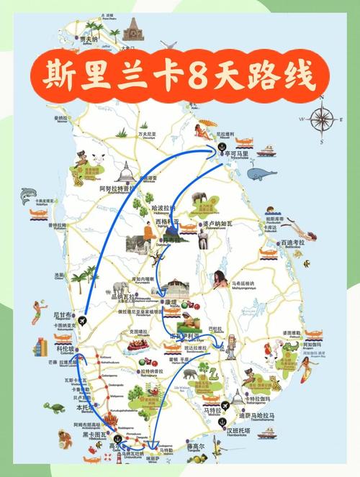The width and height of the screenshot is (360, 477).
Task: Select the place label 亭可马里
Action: [x=236, y=154]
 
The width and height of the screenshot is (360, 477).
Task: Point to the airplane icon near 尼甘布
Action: [x=84, y=320]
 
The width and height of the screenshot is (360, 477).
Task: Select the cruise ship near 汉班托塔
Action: [x=267, y=433]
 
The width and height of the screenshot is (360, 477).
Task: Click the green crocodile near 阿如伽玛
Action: [x=289, y=350]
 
